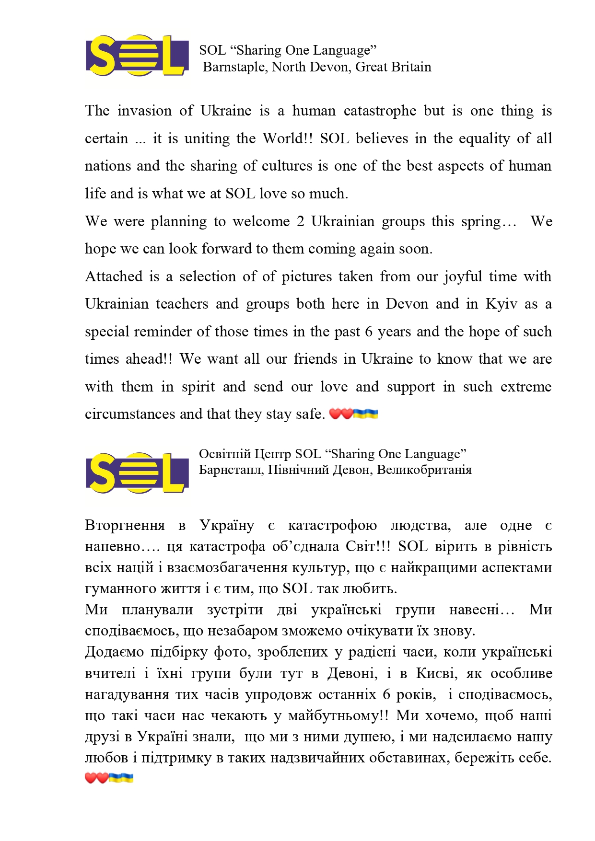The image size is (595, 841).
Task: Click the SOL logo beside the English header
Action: pos(137,56)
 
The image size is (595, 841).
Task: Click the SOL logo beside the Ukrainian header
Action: pos(137,472)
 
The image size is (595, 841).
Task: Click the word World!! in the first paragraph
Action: pos(287,138)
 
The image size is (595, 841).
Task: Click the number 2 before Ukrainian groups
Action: pos(300,221)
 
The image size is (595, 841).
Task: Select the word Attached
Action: pos(114,276)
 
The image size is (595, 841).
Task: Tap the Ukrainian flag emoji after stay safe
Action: pos(365,414)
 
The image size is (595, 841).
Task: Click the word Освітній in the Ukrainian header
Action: pos(223,454)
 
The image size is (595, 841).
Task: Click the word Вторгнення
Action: pos(125,526)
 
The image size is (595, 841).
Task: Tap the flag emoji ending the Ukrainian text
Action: pos(121,778)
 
